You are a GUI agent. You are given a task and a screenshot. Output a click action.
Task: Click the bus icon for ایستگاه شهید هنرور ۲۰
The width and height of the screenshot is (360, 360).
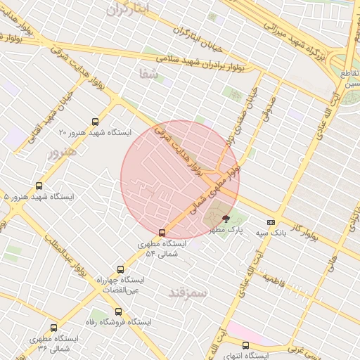click(x=96, y=122)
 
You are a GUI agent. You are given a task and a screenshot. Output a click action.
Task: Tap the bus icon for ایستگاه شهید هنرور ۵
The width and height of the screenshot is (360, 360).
click(x=38, y=186)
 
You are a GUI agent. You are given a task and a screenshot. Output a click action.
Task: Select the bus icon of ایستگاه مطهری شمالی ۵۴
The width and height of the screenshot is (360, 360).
click(x=162, y=232)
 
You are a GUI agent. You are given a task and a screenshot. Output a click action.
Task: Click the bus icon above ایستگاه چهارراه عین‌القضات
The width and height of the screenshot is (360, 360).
click(x=120, y=269)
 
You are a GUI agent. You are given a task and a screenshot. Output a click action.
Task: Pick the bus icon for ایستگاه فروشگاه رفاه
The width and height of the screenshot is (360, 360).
click(x=118, y=310)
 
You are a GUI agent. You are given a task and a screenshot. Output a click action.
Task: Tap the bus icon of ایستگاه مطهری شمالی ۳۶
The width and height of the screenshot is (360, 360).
click(x=54, y=328)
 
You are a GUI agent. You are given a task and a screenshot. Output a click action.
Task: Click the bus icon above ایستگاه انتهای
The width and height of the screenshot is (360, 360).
click(x=245, y=345)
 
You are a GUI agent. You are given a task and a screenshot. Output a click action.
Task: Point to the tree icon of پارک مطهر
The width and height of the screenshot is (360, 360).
click(x=225, y=219)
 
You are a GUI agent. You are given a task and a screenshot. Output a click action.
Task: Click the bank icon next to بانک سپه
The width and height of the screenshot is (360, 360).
click(x=271, y=223)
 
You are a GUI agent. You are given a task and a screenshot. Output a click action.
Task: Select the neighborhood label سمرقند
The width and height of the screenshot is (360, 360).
click(x=188, y=292)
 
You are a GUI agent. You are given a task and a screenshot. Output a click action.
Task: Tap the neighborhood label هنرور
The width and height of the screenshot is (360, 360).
click(x=60, y=152)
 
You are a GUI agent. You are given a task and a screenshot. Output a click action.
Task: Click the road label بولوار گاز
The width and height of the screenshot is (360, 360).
click(x=306, y=230)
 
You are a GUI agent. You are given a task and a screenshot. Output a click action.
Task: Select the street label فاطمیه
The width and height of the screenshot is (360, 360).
click(x=276, y=279)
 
